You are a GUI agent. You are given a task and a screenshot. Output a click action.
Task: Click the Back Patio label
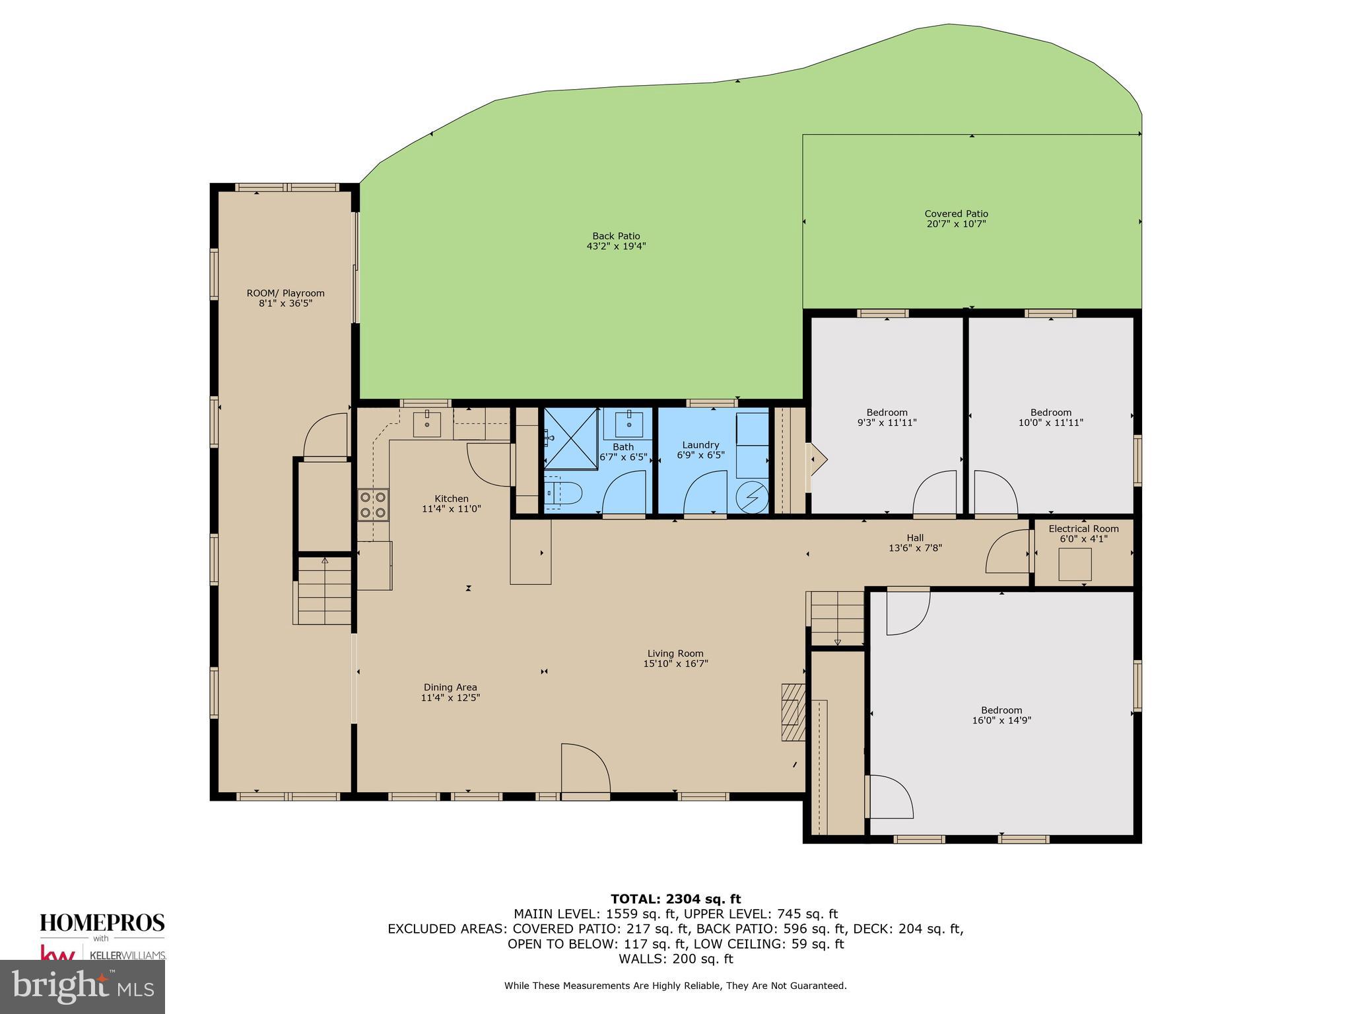[x=616, y=236]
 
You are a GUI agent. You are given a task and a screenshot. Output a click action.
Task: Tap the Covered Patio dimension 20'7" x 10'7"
[x=956, y=224]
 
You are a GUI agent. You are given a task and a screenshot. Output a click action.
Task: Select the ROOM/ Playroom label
[x=285, y=293]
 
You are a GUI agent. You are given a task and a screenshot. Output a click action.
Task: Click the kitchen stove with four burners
[x=373, y=504]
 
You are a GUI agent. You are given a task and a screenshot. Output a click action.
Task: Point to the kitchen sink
[x=427, y=423]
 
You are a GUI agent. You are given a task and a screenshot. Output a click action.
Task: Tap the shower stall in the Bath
[x=571, y=438]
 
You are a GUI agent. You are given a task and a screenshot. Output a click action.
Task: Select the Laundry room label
[x=700, y=445]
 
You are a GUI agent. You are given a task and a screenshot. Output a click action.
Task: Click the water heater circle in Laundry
[x=752, y=497]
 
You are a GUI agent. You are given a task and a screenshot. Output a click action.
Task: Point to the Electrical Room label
[x=1083, y=528]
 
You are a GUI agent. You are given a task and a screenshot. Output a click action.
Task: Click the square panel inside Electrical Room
[x=1075, y=564]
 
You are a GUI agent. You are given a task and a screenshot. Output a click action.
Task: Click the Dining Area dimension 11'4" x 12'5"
[x=450, y=698]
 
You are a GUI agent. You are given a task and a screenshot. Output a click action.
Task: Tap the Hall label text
[x=914, y=537]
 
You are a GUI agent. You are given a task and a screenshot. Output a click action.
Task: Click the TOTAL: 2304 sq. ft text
[x=675, y=898]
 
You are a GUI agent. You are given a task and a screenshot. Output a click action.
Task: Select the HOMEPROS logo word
[x=102, y=923]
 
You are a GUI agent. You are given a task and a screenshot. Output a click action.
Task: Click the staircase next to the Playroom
[x=323, y=590]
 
